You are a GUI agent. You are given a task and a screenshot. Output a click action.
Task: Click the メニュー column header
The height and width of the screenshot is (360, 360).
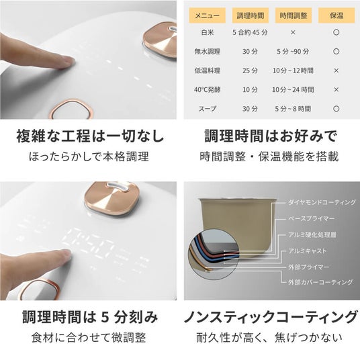click(207, 15)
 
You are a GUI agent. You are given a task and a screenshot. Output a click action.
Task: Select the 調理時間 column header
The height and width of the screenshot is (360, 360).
click(250, 15)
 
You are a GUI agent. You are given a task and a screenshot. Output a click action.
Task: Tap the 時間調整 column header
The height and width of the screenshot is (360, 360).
click(294, 15)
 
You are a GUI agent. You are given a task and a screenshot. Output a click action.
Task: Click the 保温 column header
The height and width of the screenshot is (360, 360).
click(336, 15)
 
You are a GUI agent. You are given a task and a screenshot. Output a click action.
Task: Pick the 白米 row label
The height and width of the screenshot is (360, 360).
click(208, 32)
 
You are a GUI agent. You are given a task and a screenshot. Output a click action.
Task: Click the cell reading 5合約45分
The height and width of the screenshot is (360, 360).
click(250, 32)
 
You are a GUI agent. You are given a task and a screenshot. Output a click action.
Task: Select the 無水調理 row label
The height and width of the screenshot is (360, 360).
click(208, 52)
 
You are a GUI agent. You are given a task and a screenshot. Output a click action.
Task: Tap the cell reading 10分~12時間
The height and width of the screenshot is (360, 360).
click(293, 71)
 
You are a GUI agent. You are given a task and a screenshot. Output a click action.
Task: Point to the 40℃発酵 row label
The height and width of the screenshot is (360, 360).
click(208, 89)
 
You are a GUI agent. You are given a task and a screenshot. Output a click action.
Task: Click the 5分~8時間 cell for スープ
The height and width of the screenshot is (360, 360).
click(293, 109)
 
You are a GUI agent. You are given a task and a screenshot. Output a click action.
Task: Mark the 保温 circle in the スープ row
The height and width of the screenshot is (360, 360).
click(336, 109)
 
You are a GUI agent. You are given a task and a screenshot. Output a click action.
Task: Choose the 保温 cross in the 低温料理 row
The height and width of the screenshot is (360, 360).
click(336, 71)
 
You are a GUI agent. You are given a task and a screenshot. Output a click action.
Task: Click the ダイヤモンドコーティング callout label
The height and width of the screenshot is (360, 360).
click(322, 202)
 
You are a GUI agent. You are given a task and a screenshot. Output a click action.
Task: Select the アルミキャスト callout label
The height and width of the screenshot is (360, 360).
click(308, 251)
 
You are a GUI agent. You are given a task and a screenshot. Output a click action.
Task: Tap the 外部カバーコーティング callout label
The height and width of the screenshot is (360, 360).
click(320, 282)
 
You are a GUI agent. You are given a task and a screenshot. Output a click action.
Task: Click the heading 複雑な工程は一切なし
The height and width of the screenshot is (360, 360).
click(90, 136)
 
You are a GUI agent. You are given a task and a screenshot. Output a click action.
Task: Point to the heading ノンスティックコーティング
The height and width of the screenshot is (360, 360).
click(271, 317)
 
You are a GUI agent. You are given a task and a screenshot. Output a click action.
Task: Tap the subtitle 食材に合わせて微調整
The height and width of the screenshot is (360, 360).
click(89, 337)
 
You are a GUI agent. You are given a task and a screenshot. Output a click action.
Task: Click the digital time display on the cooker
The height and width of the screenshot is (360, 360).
click(88, 243)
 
